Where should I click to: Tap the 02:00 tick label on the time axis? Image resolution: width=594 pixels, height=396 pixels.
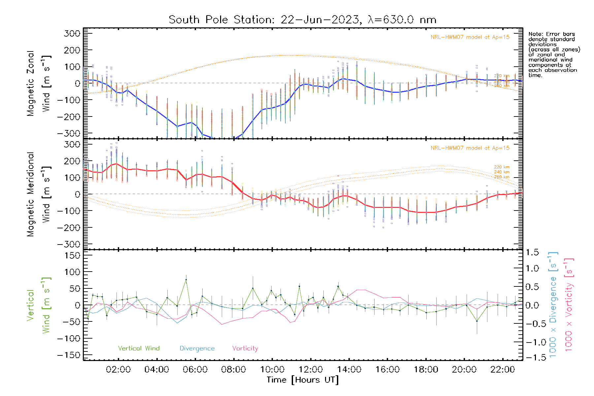coord(118,370)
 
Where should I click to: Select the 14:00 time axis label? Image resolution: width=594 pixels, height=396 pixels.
coord(349,370)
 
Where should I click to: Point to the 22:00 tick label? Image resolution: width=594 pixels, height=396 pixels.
coord(503,370)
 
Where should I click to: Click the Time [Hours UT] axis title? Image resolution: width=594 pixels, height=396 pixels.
coord(303,380)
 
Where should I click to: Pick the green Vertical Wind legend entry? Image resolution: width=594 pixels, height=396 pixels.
coord(139,348)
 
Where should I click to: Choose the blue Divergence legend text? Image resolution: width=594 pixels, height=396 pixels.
coord(197,348)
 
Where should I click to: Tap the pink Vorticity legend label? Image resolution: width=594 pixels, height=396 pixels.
coord(245,348)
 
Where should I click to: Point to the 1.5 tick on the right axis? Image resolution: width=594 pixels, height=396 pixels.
coord(532,252)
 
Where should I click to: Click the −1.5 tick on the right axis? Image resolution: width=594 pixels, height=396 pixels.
coord(532,357)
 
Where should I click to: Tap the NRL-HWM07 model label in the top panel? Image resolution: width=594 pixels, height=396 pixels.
coord(470,37)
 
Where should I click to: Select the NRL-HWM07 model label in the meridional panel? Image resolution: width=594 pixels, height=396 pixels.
coord(470,148)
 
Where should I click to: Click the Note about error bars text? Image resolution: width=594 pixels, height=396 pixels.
coord(554,54)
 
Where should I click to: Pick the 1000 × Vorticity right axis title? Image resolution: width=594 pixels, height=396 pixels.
coord(569,305)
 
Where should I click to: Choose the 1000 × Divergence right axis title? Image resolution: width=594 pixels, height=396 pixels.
coord(553,305)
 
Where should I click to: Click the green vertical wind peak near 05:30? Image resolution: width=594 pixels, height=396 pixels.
coord(186,280)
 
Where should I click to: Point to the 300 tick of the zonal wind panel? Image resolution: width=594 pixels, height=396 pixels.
coord(72,34)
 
